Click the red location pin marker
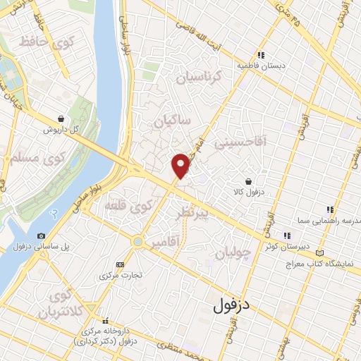(181, 164)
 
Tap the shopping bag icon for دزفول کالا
(248, 180)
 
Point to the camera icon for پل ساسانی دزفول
(41, 235)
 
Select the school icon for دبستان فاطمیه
(261, 54)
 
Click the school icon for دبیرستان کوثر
(286, 235)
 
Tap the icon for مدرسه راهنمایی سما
(329, 209)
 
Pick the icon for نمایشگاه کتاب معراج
(321, 252)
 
